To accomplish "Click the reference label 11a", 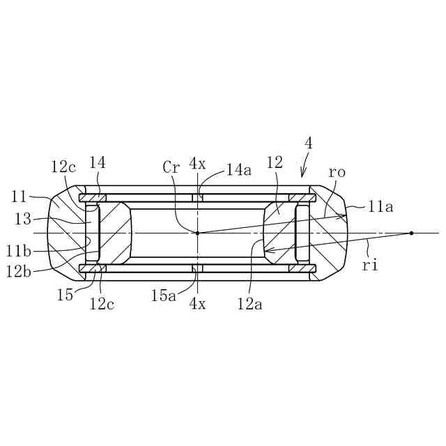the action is point(380,207).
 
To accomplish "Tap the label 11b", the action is point(19,252).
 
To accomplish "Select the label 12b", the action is point(19,272).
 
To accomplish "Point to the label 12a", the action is point(250,305).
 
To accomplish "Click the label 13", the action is point(23,219).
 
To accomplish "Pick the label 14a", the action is point(239,170).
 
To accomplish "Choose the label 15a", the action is point(164,295).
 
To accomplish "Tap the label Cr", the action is point(171,167).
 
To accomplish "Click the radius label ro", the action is point(337,172).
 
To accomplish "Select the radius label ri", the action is point(370,266).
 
